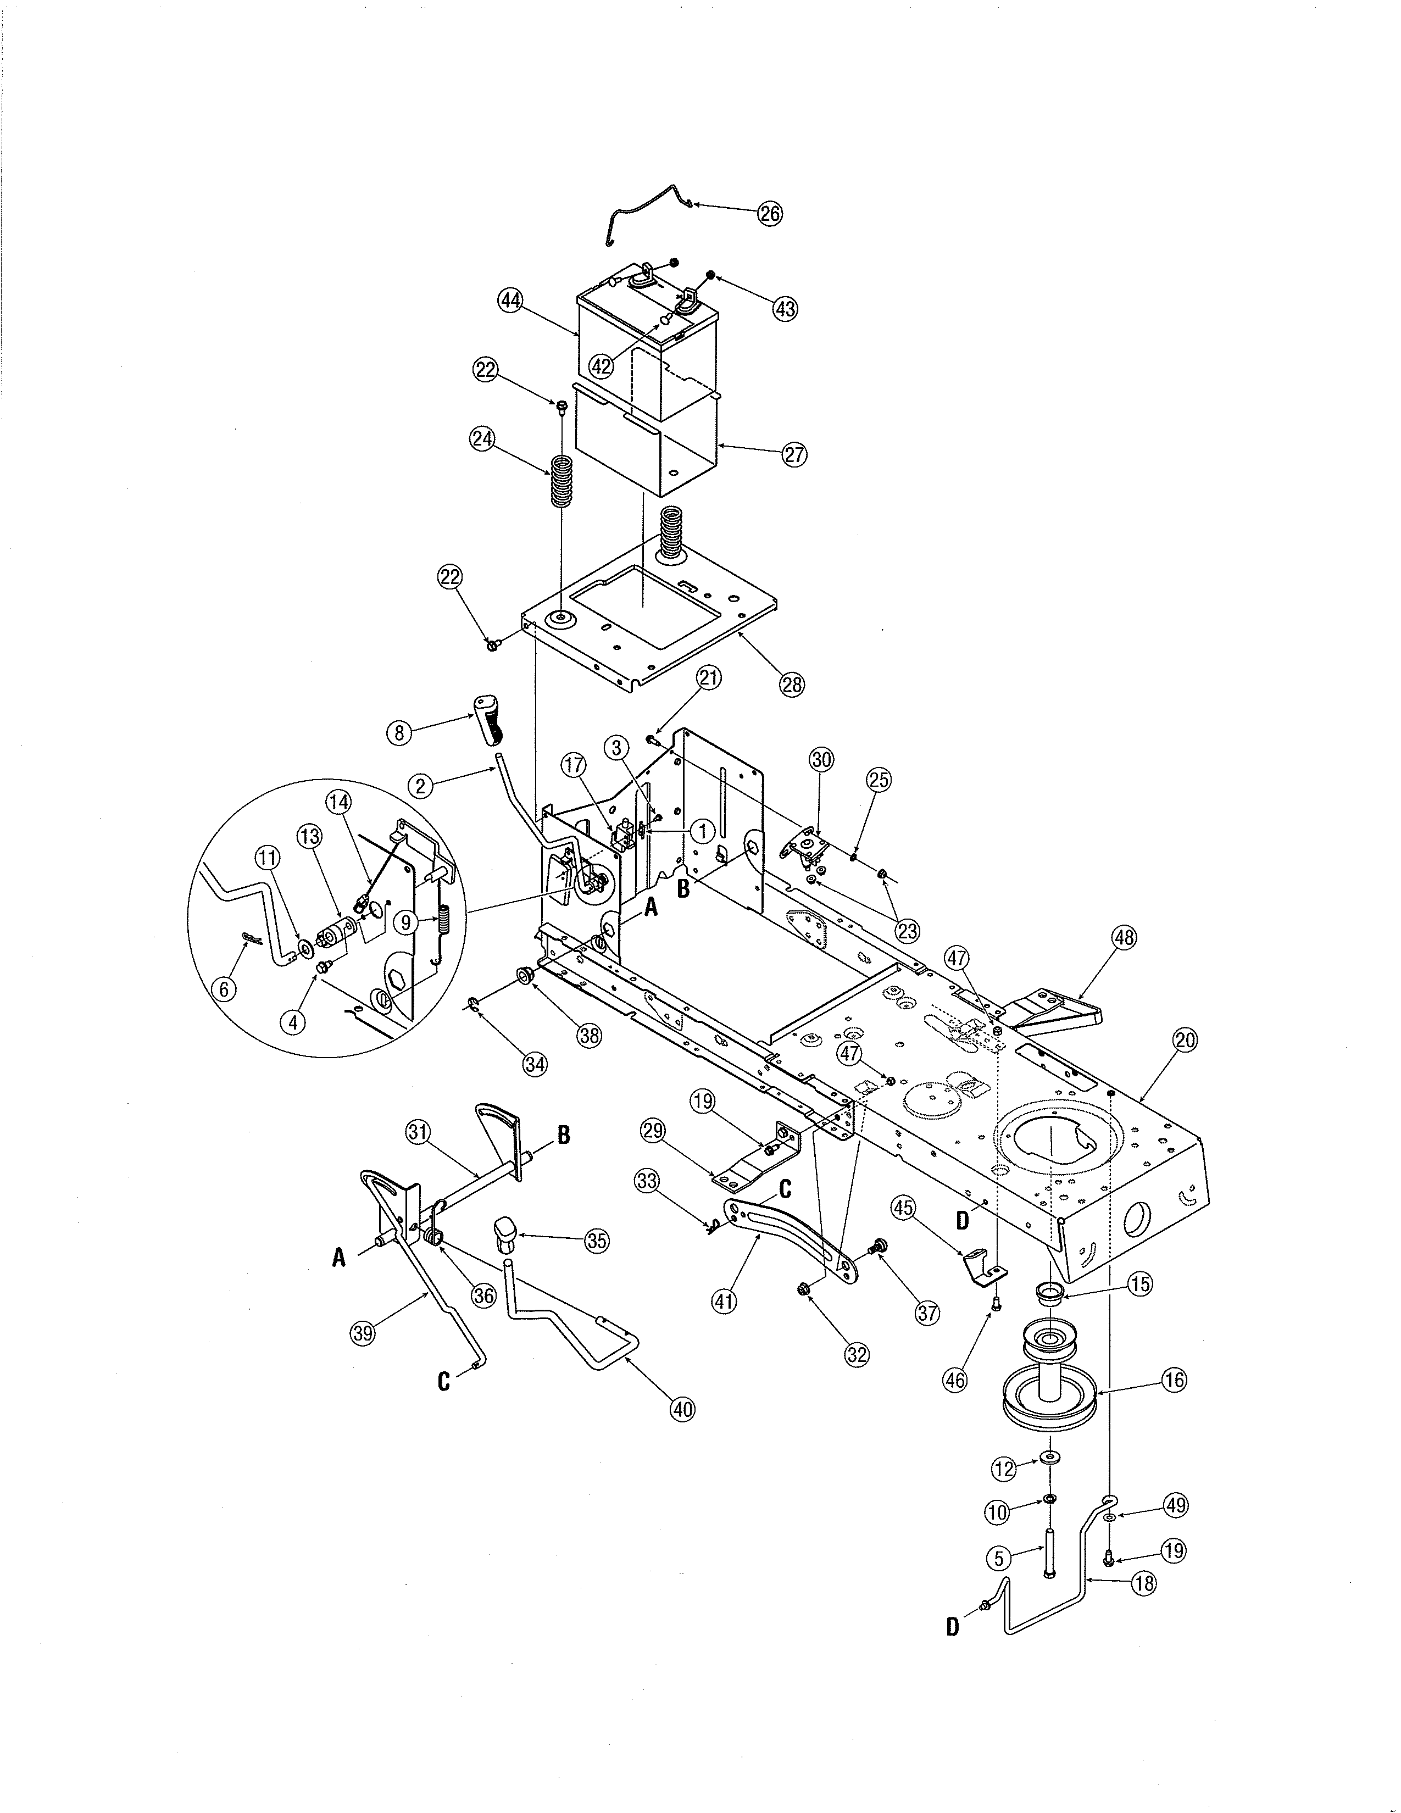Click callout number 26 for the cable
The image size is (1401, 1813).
pos(769,213)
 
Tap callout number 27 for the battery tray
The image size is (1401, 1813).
pos(794,454)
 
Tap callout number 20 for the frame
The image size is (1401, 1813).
pos(1185,1040)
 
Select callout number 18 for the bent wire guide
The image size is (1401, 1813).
pos(1144,1582)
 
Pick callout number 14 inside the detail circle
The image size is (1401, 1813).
pos(338,802)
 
